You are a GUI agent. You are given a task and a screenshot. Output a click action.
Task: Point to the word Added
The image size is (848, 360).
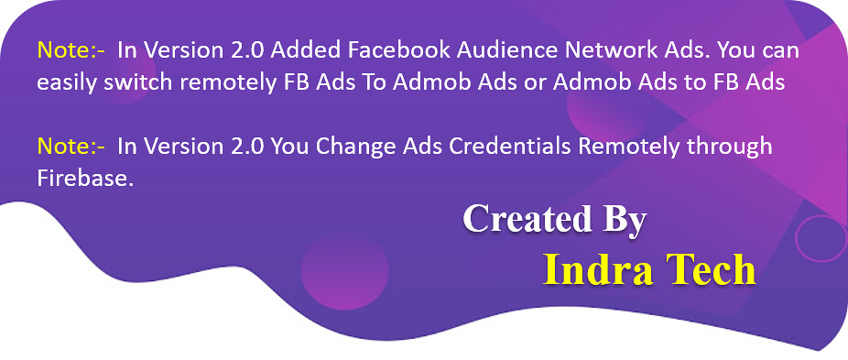coord(306,50)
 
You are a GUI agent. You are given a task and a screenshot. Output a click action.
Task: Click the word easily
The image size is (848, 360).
coord(65,82)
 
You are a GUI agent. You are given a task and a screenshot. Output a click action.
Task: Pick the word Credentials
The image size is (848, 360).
coord(510,147)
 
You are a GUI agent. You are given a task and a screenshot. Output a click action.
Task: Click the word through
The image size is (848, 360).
coord(728,147)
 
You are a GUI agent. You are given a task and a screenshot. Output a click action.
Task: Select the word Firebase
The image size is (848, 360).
coord(85,179)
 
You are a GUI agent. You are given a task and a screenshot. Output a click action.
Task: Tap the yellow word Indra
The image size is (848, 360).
coord(598,269)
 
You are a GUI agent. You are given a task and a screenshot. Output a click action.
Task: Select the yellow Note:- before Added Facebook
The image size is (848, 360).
coord(71,50)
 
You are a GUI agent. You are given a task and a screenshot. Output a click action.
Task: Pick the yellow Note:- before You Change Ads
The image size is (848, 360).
coord(71,147)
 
